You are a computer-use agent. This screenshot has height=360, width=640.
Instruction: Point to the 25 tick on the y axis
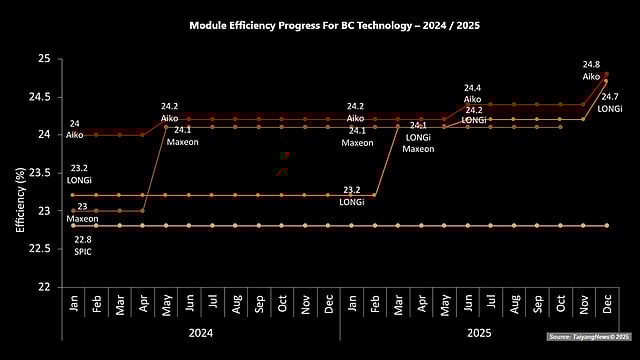point(43,58)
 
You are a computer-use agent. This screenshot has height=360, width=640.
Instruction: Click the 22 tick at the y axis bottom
point(43,287)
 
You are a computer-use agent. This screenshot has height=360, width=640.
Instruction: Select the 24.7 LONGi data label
point(609,102)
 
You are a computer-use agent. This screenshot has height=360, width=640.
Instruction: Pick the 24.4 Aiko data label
point(473,93)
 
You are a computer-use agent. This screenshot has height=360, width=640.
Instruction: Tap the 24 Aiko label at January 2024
point(74,129)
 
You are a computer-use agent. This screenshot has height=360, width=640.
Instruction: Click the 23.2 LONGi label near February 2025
point(351,195)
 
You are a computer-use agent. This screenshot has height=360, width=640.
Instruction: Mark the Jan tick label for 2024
point(74,301)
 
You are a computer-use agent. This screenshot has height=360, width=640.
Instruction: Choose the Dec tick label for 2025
point(607,301)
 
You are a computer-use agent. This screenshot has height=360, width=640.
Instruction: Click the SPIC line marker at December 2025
point(607,226)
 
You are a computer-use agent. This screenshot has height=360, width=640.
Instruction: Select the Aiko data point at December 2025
point(607,74)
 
